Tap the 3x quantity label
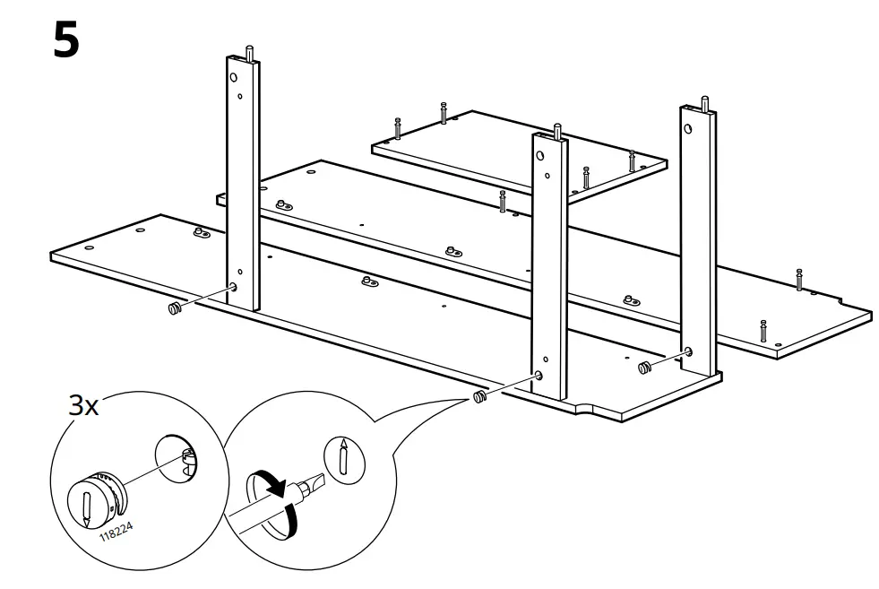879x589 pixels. (84, 405)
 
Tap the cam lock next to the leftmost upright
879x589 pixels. (175, 309)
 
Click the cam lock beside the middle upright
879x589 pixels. (479, 396)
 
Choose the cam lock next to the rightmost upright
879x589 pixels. (643, 368)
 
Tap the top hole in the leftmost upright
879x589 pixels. (235, 78)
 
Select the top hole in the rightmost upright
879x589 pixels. (688, 128)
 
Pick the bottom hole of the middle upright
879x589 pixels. (539, 377)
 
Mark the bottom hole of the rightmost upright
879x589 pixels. (688, 351)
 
